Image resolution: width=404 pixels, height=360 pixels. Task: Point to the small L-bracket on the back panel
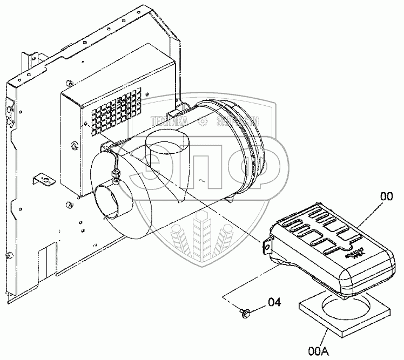(x=43, y=179)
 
